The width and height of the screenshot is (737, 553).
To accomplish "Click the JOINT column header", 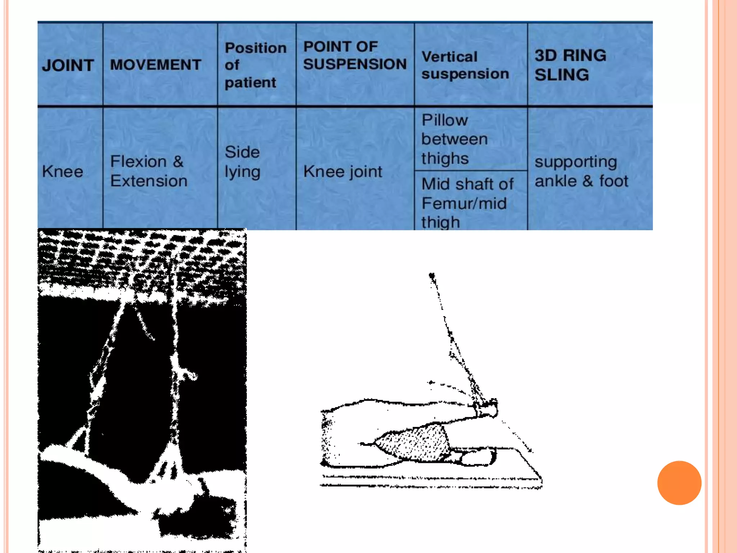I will click(x=68, y=66).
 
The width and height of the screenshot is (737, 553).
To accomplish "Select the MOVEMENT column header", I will click(x=155, y=65).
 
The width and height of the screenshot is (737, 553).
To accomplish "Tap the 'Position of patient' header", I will click(x=255, y=65).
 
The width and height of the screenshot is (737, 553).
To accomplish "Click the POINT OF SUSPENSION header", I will click(x=354, y=55).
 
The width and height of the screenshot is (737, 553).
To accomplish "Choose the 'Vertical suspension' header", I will click(x=465, y=65).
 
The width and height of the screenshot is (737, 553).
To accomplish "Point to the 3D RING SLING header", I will click(x=570, y=65).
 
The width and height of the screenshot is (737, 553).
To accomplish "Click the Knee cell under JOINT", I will click(x=63, y=171).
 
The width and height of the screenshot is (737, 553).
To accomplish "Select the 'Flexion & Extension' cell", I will click(x=149, y=171).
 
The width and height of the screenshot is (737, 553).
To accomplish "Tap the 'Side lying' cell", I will click(x=242, y=162).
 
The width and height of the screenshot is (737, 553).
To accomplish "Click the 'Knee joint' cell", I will click(x=343, y=172).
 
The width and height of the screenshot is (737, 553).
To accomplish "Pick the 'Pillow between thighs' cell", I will click(x=454, y=139).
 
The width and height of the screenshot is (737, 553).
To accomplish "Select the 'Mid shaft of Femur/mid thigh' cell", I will click(x=467, y=203).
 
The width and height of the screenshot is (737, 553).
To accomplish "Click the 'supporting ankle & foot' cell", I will click(x=581, y=171).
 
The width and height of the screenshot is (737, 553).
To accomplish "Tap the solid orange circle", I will click(x=679, y=483).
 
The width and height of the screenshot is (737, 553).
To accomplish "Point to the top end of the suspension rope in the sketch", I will click(x=432, y=276).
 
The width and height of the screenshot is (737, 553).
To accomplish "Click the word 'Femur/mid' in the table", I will click(x=464, y=203).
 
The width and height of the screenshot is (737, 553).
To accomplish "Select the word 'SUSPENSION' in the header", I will click(x=354, y=64).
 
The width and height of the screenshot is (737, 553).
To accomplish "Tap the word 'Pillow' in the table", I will click(x=445, y=120).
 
